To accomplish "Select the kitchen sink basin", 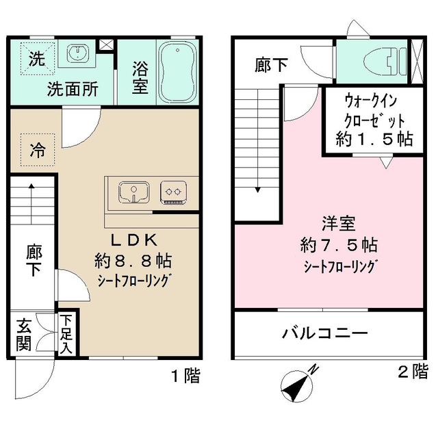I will click(x=133, y=192).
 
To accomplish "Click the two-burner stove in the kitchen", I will click(x=173, y=192).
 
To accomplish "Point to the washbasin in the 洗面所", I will click(x=77, y=53).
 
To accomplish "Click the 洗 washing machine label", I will click(x=35, y=59).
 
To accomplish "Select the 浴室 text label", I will click(x=139, y=77).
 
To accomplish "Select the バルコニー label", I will click(x=325, y=334).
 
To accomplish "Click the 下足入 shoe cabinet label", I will click(x=67, y=333).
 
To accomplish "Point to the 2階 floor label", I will click(x=413, y=373).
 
